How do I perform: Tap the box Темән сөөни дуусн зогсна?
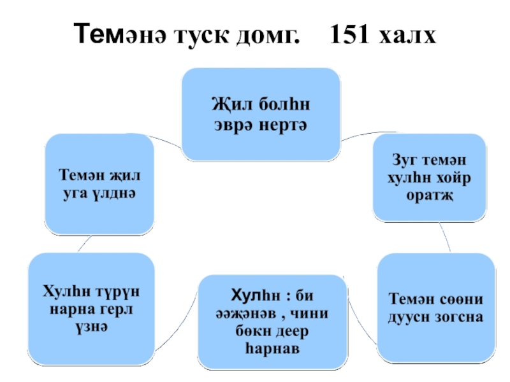click(x=436, y=306)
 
